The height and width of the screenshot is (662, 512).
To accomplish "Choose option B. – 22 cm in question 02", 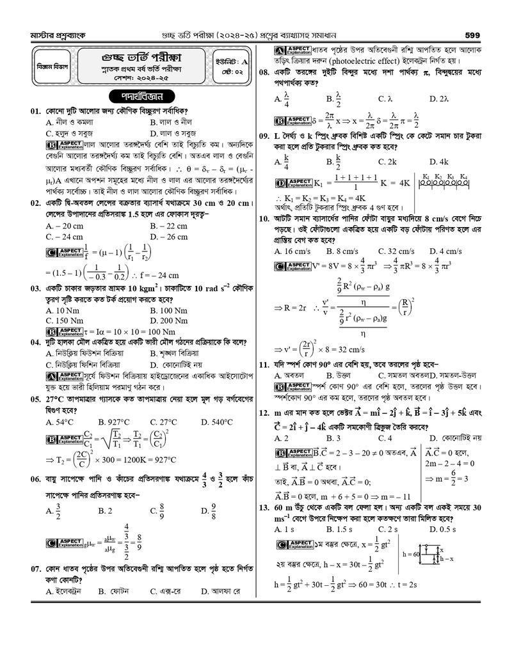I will point(168,226).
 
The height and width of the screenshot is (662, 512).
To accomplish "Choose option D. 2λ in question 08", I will point(438,99).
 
